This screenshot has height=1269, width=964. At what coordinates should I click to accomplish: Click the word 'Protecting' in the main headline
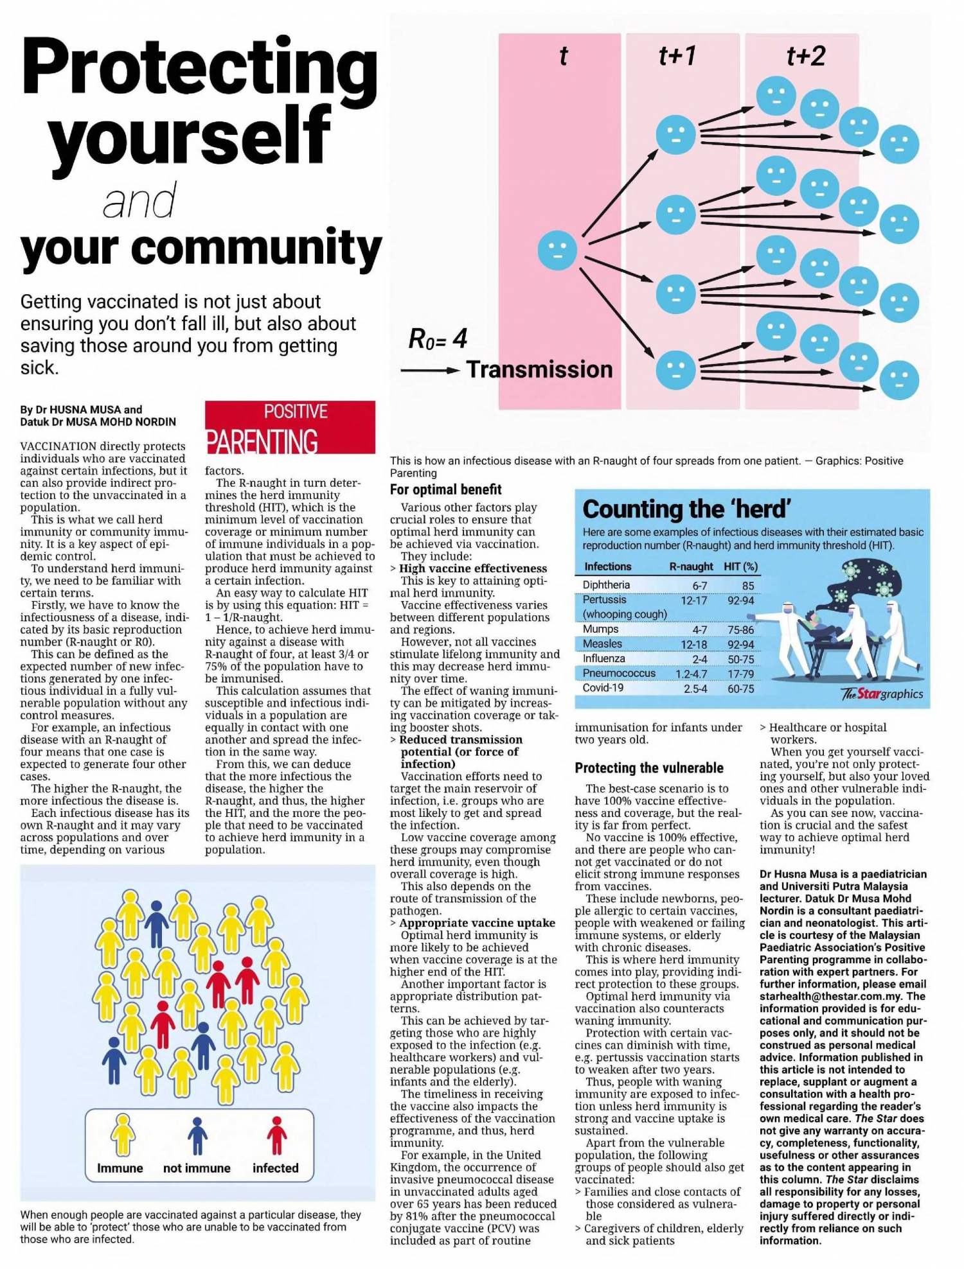(199, 67)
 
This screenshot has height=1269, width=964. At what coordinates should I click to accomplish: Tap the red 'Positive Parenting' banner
(290, 427)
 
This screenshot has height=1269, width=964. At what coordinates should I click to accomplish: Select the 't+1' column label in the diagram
(677, 57)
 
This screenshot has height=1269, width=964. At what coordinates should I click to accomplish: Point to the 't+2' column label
(805, 57)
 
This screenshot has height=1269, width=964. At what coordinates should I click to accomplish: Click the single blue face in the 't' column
(557, 250)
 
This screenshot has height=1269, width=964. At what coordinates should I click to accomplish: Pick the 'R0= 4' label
(438, 339)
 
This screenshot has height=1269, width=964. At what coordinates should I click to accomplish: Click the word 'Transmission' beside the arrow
(539, 370)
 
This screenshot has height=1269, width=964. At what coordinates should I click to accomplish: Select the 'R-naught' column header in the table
(691, 566)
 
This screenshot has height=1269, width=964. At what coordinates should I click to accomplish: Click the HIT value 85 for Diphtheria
(747, 586)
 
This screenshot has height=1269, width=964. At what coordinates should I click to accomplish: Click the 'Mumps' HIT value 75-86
(740, 630)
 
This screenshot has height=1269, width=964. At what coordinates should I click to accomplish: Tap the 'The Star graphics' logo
(882, 694)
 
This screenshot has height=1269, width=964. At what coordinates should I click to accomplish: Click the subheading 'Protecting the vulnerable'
(649, 768)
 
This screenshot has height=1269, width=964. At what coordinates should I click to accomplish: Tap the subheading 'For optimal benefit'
(445, 489)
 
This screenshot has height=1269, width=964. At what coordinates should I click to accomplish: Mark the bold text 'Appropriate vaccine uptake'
(477, 923)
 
